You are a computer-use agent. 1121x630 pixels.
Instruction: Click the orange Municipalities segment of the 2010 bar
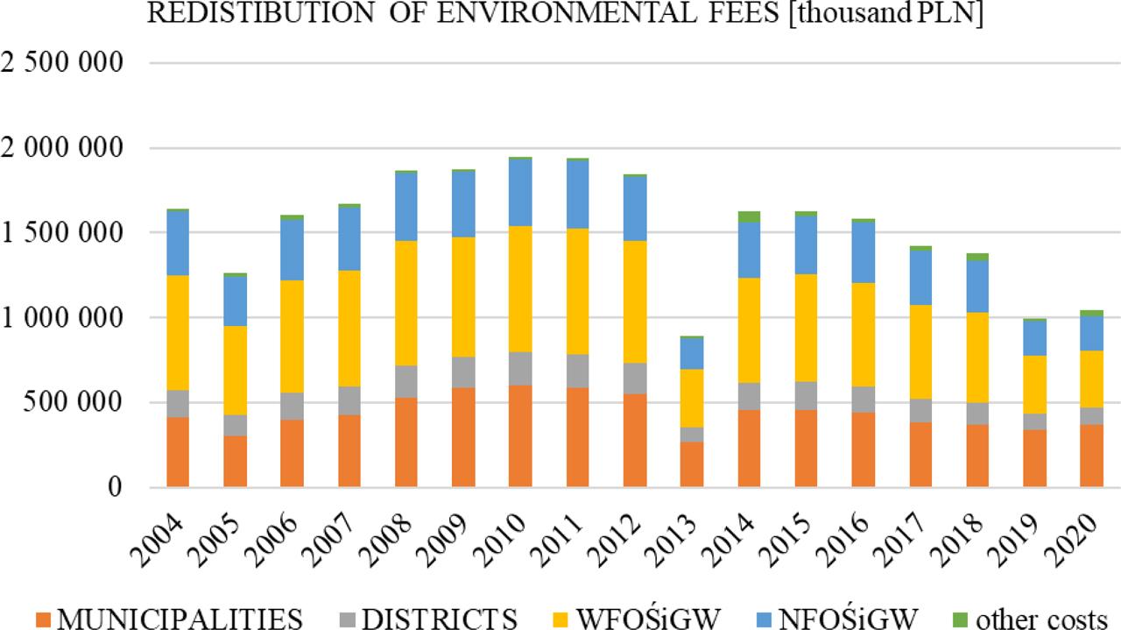(x=520, y=435)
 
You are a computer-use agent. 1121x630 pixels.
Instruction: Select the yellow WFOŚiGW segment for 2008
(x=406, y=303)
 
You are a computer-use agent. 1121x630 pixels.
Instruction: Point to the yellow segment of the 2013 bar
(x=692, y=398)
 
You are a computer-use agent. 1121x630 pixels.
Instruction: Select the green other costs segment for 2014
(x=749, y=216)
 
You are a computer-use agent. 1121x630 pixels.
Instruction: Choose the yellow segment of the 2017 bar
(x=920, y=351)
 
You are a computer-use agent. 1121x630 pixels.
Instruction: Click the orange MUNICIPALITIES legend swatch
(x=41, y=618)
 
